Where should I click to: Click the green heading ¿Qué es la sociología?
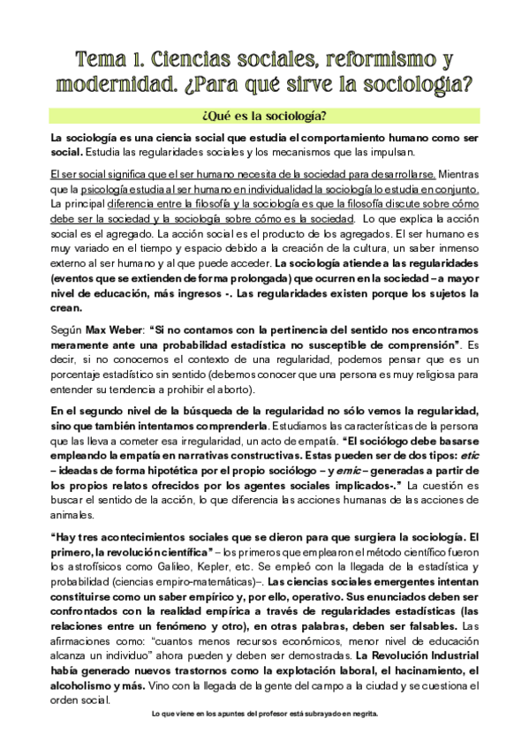point(264,117)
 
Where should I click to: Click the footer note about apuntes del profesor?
point(264,716)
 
